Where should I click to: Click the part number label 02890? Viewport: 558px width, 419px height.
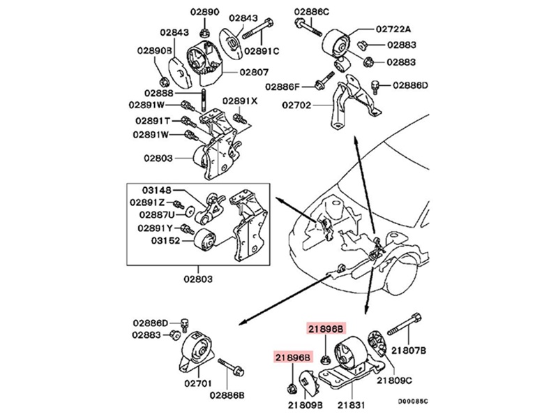click(x=204, y=12)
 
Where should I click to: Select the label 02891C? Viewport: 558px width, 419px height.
click(x=262, y=51)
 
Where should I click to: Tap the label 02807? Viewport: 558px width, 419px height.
click(x=254, y=73)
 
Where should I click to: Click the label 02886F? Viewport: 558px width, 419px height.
click(x=283, y=87)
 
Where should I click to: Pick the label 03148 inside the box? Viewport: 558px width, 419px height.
click(x=157, y=190)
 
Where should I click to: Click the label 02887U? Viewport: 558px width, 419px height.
click(x=157, y=214)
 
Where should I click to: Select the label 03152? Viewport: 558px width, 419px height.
click(x=165, y=241)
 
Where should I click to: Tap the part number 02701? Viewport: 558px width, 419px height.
click(x=198, y=383)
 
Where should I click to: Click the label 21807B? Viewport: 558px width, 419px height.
click(x=409, y=351)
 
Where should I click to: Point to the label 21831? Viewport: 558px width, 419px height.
click(x=352, y=405)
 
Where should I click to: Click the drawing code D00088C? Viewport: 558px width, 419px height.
click(x=413, y=402)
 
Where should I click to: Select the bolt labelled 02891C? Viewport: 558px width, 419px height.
click(x=258, y=28)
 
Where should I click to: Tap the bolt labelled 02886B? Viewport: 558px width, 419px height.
click(x=231, y=367)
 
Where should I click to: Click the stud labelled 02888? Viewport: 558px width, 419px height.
click(x=203, y=101)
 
